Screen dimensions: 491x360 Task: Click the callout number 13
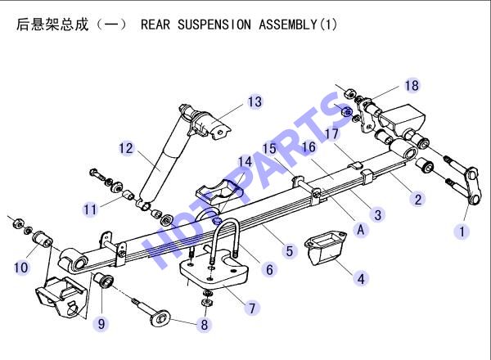(255, 101)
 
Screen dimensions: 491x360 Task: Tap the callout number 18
(412, 85)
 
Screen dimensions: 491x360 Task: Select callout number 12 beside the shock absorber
(126, 148)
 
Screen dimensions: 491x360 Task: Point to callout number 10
(21, 268)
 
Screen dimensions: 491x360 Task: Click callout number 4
(361, 279)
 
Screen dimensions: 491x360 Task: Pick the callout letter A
(361, 230)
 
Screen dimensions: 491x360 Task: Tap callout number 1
(462, 232)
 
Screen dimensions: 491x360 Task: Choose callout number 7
(252, 308)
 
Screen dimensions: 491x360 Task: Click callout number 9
(101, 323)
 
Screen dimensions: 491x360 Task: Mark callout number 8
(204, 324)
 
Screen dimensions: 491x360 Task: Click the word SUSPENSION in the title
(214, 25)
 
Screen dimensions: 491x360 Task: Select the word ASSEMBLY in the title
(288, 25)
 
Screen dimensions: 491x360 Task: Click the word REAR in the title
(155, 25)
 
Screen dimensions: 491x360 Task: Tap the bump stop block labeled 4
(325, 247)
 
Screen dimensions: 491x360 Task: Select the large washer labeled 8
(160, 318)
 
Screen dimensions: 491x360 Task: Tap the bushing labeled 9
(103, 280)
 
